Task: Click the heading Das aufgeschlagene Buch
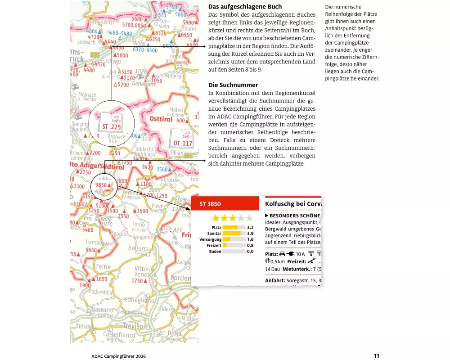245,7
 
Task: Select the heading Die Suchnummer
233,85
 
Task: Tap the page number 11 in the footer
376,355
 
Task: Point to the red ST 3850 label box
225,204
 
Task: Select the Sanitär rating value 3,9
250,234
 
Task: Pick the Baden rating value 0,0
250,251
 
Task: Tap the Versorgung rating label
210,239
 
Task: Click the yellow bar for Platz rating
230,227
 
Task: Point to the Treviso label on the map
133,326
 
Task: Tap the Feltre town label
103,267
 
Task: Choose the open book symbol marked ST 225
111,122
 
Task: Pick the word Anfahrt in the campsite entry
274,280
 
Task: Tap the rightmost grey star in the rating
249,218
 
